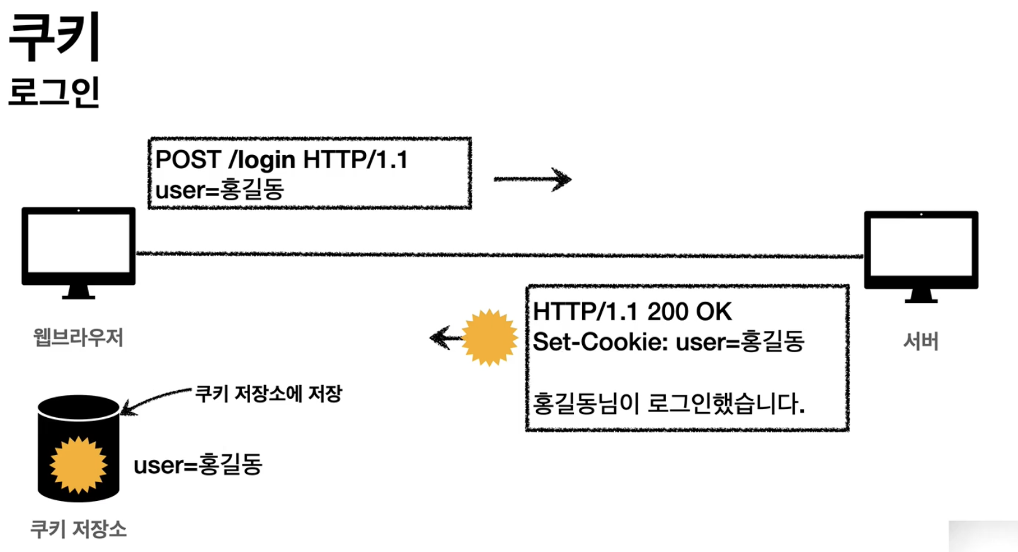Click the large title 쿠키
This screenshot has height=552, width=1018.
[55, 37]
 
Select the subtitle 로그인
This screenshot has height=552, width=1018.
[54, 92]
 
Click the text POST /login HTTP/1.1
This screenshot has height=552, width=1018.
[282, 159]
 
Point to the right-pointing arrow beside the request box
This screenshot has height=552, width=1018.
[532, 180]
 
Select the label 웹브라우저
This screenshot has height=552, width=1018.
[78, 338]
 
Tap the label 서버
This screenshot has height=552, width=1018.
[921, 342]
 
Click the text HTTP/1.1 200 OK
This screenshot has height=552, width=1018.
[632, 311]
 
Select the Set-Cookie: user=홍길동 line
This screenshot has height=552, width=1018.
[668, 342]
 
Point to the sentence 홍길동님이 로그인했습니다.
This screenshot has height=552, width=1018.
[668, 403]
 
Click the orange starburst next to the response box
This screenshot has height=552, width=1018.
[489, 338]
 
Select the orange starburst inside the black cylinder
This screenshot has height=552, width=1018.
[79, 465]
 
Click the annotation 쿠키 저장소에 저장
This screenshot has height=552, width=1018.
[269, 394]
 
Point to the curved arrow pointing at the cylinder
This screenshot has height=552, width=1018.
[154, 400]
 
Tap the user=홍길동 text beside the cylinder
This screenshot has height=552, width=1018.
[198, 465]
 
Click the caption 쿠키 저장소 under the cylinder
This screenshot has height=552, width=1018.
[79, 529]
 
